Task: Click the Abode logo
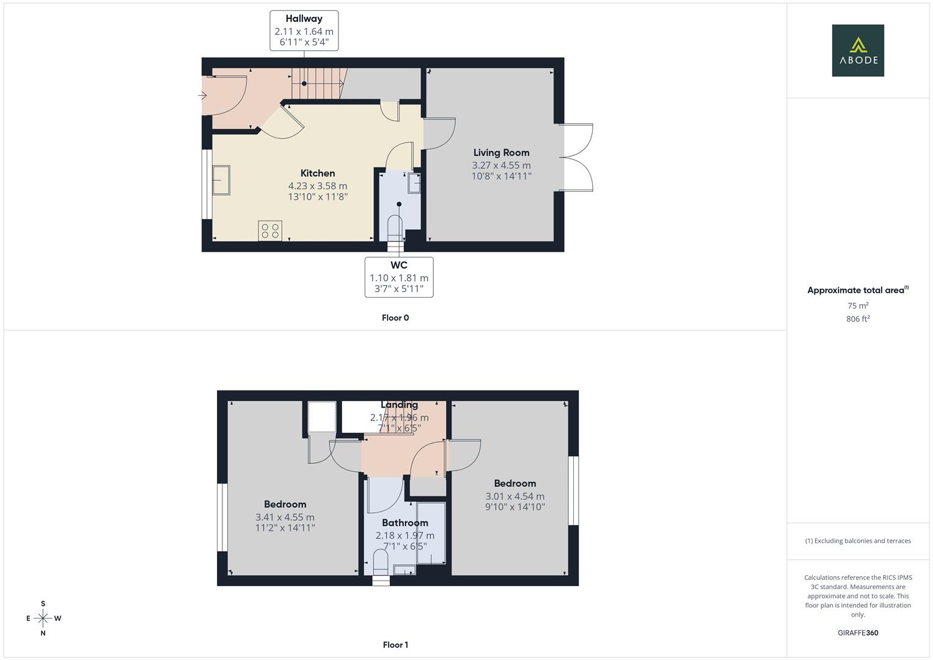(857, 50)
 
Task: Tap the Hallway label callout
(304, 31)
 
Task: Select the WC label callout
(399, 277)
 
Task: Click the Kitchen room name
(318, 173)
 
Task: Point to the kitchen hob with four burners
(270, 230)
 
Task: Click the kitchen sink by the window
(221, 180)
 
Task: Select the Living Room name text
(501, 153)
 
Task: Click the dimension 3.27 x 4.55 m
(501, 165)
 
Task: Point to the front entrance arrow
(203, 95)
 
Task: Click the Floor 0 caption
(395, 318)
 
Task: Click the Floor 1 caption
(395, 645)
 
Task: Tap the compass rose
(43, 618)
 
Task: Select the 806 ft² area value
(858, 319)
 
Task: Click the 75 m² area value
(858, 306)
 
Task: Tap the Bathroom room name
(404, 522)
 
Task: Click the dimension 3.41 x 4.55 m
(285, 517)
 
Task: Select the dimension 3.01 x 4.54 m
(514, 496)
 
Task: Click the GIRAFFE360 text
(858, 632)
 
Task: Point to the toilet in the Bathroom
(380, 561)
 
